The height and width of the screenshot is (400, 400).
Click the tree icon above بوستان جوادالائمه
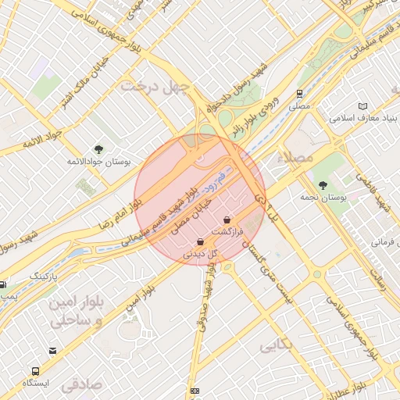(98, 148)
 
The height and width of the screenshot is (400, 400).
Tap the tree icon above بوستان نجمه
(323, 185)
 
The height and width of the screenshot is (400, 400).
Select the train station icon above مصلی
(299, 94)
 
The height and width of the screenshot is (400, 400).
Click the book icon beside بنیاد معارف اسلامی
(362, 106)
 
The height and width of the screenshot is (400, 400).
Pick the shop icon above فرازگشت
(227, 220)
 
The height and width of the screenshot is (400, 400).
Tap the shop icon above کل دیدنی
(201, 242)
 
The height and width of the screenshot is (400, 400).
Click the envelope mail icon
(52, 351)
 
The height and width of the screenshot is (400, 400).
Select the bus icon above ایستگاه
(36, 370)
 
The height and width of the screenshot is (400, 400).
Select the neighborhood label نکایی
(277, 344)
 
